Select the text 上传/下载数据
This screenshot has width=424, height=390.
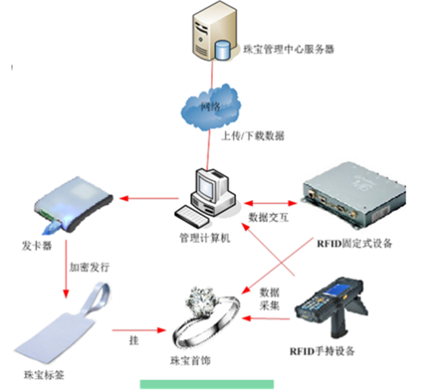[x=253, y=136]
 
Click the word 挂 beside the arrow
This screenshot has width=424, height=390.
[x=134, y=341]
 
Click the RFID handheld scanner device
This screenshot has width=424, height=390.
[x=323, y=310]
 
